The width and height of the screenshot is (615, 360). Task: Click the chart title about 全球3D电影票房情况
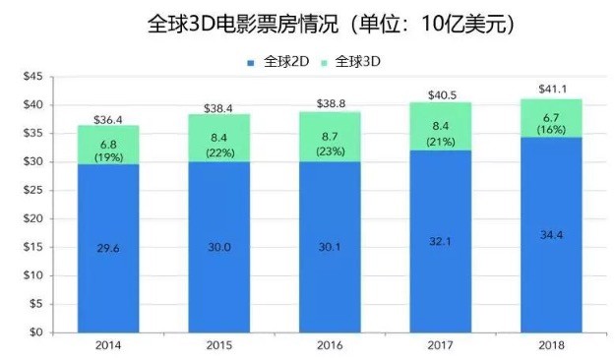coord(331,25)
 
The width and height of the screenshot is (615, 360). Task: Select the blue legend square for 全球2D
coord(251,63)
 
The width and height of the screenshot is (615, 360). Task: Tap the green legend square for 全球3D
coord(324,63)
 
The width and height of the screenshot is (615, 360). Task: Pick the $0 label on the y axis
coord(36,332)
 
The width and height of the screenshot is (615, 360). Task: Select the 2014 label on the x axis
coord(108,345)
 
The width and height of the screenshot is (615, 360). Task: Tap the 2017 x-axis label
coord(440,345)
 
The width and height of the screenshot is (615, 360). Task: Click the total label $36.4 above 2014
coord(108,120)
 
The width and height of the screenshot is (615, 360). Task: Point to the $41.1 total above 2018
coord(553,90)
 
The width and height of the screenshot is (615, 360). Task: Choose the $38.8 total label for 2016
coord(331,103)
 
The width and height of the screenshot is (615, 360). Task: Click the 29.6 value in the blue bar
coord(108,248)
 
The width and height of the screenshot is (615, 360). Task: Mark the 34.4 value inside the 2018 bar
coord(551,235)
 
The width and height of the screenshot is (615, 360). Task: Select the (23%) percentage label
coord(331,151)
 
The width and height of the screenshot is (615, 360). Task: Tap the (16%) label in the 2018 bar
coord(551,130)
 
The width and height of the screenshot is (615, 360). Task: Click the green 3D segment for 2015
coord(218,138)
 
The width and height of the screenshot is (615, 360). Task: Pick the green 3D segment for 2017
coord(441,126)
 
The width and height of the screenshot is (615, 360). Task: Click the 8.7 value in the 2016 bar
coord(330,137)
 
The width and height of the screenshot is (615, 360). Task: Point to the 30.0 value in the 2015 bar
coord(219,247)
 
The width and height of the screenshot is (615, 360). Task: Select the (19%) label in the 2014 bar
coord(108,157)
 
